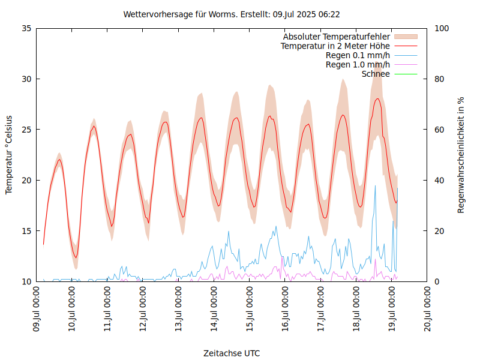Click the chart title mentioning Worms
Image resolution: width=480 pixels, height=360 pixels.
[232, 14]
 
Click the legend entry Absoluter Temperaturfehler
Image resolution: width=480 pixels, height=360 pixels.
[336, 37]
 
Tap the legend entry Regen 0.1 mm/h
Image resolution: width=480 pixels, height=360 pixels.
[358, 55]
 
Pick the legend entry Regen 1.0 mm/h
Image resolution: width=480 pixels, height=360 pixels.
[358, 65]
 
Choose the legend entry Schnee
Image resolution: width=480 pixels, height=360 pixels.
[376, 74]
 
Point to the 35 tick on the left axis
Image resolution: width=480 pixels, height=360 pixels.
[26, 28]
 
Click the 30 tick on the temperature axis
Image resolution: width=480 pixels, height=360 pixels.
[26, 79]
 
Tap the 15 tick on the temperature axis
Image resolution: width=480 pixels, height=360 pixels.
[26, 231]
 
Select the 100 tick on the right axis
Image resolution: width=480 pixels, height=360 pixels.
[442, 28]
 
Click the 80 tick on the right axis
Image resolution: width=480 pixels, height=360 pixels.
[439, 79]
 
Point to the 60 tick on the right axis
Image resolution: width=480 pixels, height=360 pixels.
[439, 130]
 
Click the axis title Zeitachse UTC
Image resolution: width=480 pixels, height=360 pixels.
[232, 353]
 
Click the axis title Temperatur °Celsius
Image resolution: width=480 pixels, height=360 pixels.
[9, 155]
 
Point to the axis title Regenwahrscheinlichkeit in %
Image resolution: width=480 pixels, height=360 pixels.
[461, 155]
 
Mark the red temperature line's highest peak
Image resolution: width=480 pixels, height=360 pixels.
[377, 98]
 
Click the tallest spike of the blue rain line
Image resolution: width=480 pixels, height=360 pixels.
[376, 185]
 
